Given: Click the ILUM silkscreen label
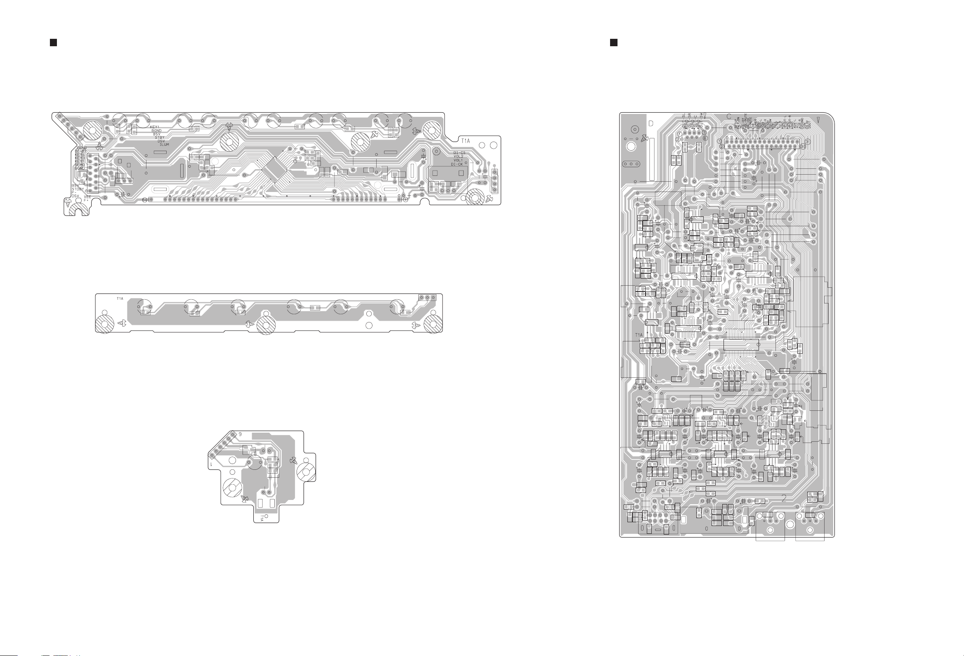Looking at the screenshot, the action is (x=164, y=144).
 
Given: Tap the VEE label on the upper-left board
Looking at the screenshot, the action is (x=87, y=197).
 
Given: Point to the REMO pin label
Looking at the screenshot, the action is (x=80, y=165).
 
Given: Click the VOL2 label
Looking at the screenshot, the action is (x=458, y=156).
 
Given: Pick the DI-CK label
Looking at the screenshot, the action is (x=457, y=164).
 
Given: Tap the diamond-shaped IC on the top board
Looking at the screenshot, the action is (x=274, y=169).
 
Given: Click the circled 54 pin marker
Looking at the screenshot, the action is (x=145, y=200).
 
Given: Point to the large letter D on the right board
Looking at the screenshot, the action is (x=651, y=123).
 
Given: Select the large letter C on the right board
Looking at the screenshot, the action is (x=728, y=117).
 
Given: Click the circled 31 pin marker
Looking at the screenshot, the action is (x=807, y=142).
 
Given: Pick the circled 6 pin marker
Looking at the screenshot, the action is (x=705, y=138).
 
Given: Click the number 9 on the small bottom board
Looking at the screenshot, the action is (x=240, y=434).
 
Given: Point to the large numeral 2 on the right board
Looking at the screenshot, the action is (x=784, y=498).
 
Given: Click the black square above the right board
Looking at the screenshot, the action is (x=613, y=43).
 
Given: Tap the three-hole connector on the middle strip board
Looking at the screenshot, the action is (x=428, y=297).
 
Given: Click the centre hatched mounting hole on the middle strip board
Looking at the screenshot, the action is (x=266, y=324).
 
